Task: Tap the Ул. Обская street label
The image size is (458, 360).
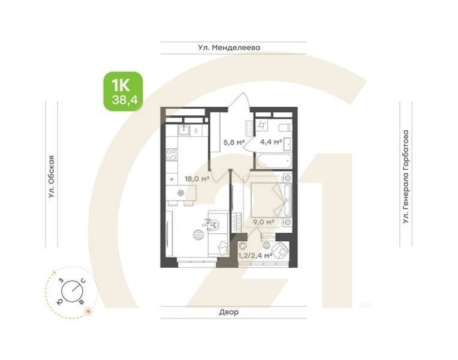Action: [x=52, y=176]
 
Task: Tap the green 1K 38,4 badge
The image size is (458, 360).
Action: [x=123, y=91]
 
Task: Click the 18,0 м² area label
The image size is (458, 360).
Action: [x=196, y=178]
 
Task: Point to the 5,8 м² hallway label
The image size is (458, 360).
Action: [x=233, y=142]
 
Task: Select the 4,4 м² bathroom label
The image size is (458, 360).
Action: [x=271, y=142]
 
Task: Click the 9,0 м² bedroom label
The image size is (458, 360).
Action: [x=264, y=222]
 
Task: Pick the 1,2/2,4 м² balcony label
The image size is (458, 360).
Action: [x=255, y=255]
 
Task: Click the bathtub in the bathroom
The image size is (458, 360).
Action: [x=274, y=160]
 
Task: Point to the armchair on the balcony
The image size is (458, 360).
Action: [x=279, y=250]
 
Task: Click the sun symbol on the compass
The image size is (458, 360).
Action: [x=88, y=310]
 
